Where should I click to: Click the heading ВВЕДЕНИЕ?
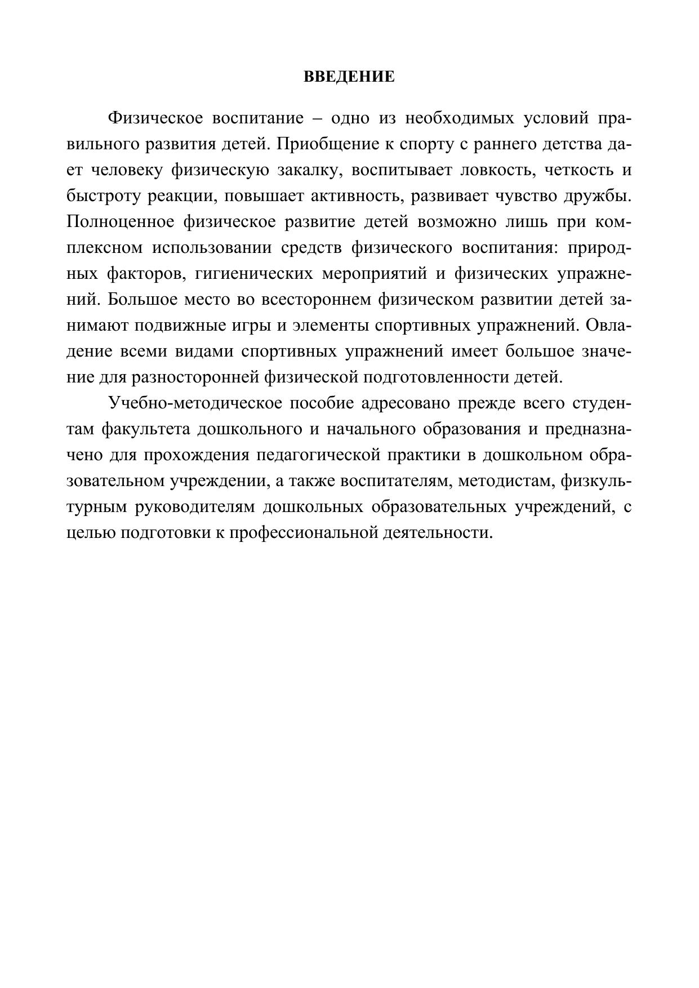349,77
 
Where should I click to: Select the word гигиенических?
253,274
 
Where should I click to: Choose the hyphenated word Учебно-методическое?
194,403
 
